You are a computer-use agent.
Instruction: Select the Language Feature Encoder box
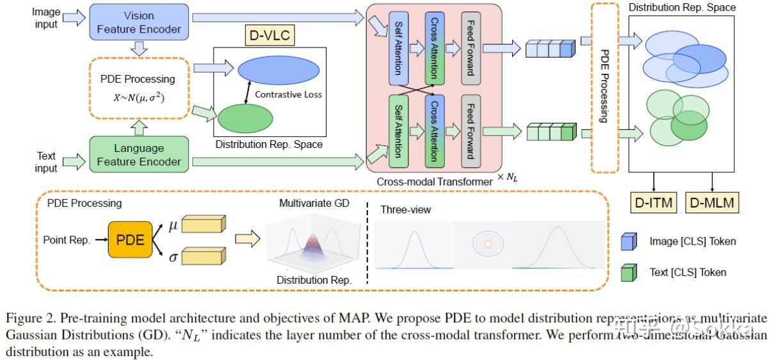(138, 154)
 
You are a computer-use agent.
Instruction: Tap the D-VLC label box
(270, 36)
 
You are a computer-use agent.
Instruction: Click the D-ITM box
(653, 202)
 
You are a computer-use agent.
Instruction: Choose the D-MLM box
(712, 202)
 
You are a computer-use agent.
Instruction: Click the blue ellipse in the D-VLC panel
(278, 70)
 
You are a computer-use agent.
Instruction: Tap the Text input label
(46, 161)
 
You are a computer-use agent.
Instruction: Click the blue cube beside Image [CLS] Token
(629, 241)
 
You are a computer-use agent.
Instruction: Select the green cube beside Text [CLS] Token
(629, 272)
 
